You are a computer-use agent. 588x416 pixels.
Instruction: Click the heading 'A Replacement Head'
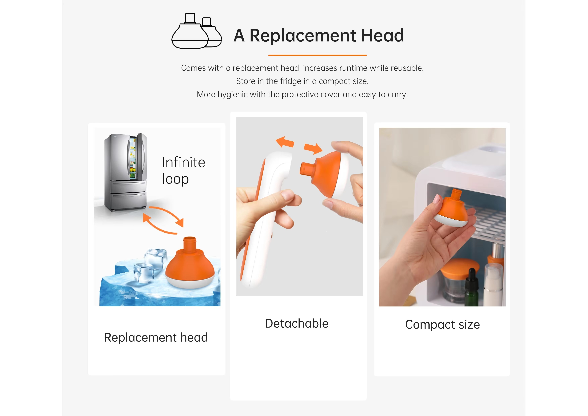tap(319, 35)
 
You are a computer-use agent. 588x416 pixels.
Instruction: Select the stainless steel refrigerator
tap(125, 172)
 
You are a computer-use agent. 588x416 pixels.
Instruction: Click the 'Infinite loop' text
tap(184, 170)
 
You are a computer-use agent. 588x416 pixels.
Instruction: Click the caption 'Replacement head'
tap(156, 337)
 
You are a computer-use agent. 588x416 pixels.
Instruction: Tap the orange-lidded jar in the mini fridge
tap(458, 279)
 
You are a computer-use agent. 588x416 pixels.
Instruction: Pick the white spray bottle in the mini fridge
tap(493, 284)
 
